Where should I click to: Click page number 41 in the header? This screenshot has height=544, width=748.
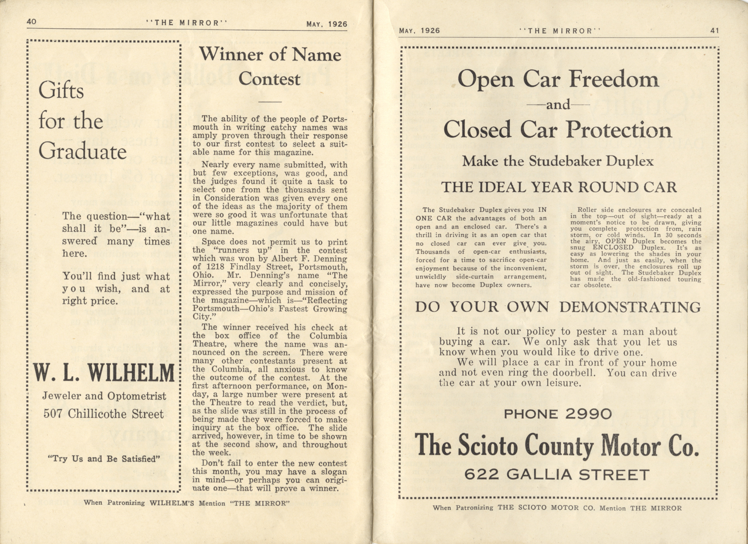(714, 31)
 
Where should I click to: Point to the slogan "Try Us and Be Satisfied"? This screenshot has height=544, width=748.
(104, 459)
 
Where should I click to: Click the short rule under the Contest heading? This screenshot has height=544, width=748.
(270, 102)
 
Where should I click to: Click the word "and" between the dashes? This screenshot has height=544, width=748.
(558, 105)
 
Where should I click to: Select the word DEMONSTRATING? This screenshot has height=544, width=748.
(630, 307)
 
